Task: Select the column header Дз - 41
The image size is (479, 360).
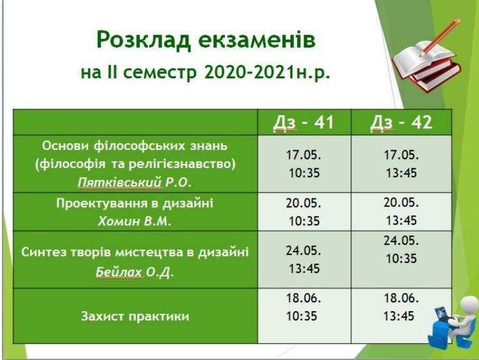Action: [x=304, y=122]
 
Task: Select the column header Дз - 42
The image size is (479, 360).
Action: [x=401, y=122]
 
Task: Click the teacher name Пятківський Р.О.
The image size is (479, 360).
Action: [x=135, y=182]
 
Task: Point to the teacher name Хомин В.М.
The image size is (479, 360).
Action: [x=135, y=220]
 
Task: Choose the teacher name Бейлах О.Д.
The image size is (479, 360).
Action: [x=135, y=272]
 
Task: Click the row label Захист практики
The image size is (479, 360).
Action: [x=135, y=316]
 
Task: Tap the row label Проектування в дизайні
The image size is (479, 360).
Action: [x=135, y=203]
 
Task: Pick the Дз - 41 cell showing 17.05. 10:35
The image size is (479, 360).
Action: [x=304, y=164]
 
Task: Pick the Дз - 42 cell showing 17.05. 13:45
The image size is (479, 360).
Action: [x=401, y=164]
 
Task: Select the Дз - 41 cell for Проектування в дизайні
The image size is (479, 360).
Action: [x=304, y=212]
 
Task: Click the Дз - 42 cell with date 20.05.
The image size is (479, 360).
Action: [x=401, y=212]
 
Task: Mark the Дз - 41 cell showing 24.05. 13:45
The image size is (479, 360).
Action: [x=304, y=259]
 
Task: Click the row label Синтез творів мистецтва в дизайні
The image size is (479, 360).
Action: [x=135, y=253]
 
